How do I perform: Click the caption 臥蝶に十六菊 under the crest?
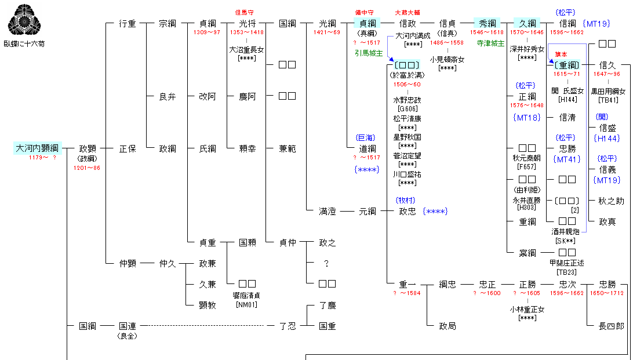click(x=24, y=43)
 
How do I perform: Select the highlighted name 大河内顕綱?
click(x=36, y=148)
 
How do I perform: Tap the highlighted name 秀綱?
click(x=487, y=23)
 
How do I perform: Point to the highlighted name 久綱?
click(x=527, y=23)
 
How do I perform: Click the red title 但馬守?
click(x=244, y=12)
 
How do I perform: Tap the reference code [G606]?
click(x=407, y=108)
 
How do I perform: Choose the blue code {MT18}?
click(x=527, y=118)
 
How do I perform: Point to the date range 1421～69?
click(x=327, y=32)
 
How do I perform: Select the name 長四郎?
click(x=611, y=326)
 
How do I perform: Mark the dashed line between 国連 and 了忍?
click(x=203, y=326)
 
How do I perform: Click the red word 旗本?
click(x=561, y=54)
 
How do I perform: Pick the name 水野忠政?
click(x=407, y=100)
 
